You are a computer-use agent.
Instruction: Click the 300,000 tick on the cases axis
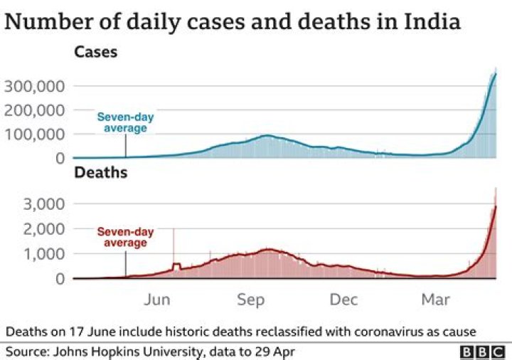[36, 86]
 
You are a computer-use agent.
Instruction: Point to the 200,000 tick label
[36, 110]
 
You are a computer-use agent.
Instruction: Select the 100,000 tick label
[36, 134]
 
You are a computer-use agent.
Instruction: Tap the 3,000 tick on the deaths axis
[46, 204]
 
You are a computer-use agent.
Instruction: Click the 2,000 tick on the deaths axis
[46, 229]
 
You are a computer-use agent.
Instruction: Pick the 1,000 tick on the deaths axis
[46, 254]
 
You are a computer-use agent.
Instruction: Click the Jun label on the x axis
[156, 300]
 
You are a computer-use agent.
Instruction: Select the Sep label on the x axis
[250, 300]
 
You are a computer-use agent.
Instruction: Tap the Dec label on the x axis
[343, 300]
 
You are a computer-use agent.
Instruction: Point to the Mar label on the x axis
[435, 300]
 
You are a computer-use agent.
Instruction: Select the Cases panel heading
[96, 53]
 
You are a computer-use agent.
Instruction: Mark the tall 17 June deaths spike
[173, 245]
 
